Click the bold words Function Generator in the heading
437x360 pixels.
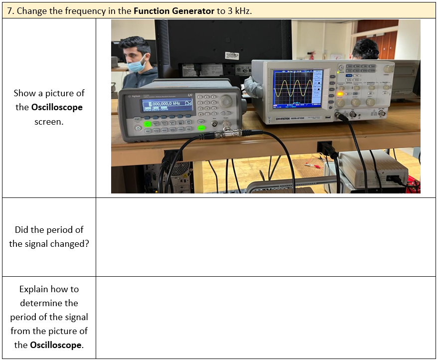click(174, 10)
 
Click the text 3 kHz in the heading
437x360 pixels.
click(239, 10)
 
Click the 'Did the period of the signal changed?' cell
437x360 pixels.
click(49, 237)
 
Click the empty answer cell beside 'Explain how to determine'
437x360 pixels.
click(265, 317)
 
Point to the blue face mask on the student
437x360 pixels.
click(137, 65)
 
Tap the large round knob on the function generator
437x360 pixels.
click(225, 101)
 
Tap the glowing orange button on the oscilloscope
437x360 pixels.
click(340, 93)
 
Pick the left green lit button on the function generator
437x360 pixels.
click(147, 123)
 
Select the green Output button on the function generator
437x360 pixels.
click(201, 128)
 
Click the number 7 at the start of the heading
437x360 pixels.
click(9, 10)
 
